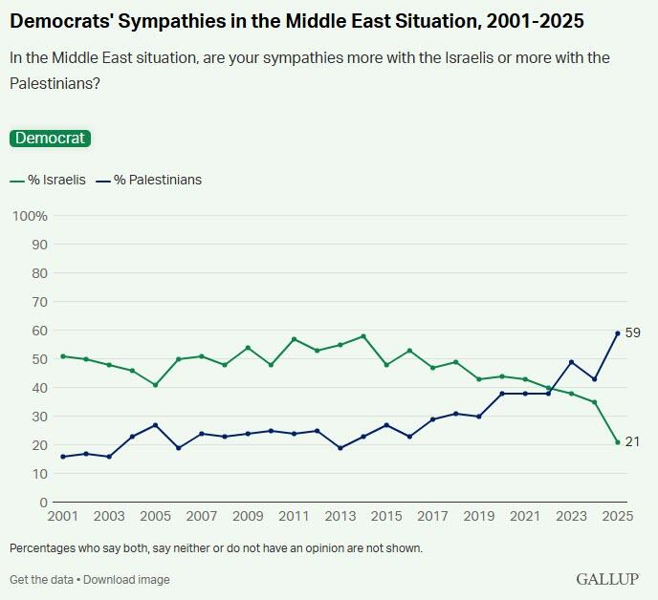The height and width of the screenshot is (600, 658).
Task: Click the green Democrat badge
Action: click(x=50, y=138)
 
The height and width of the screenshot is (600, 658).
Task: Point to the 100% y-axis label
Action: click(x=29, y=216)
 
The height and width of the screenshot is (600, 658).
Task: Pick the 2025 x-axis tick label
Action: click(x=617, y=517)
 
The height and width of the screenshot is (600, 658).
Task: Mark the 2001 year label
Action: click(x=63, y=517)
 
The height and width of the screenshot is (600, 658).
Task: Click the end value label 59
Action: click(x=632, y=332)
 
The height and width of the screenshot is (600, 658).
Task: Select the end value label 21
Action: click(x=632, y=441)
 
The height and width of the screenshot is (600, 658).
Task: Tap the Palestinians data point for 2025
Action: click(x=618, y=333)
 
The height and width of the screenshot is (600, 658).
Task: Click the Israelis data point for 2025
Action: click(x=618, y=442)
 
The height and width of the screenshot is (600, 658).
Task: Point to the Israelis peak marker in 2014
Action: click(x=363, y=336)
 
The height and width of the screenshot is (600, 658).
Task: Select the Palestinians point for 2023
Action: click(x=572, y=362)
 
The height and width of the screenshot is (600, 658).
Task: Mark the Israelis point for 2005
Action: click(x=155, y=385)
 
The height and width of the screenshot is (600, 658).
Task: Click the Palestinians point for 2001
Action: click(x=63, y=457)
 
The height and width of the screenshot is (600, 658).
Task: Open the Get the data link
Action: click(x=40, y=579)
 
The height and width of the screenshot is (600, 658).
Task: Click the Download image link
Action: click(x=125, y=579)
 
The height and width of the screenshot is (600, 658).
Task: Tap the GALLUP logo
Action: click(x=606, y=579)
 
